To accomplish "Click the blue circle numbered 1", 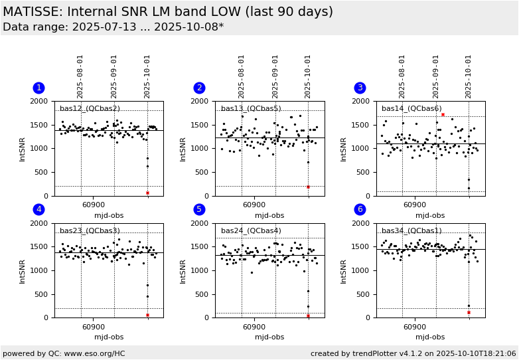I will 38,88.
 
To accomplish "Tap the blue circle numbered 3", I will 360,88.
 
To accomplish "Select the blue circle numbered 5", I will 199,210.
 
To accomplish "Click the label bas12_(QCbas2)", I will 90,109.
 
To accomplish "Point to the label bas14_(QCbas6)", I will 411,109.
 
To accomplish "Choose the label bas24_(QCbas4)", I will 251,231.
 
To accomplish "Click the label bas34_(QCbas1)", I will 411,231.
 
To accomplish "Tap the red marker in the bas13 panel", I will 308,187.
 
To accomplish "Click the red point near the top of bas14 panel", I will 443,114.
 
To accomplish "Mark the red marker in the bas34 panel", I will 469,312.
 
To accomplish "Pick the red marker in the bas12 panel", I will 147,193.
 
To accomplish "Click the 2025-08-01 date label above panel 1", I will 80,76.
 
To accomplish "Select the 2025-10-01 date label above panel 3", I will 469,76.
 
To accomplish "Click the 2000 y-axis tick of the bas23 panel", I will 40,224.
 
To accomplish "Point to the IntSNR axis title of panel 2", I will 183,149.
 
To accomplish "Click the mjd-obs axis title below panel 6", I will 430,337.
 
